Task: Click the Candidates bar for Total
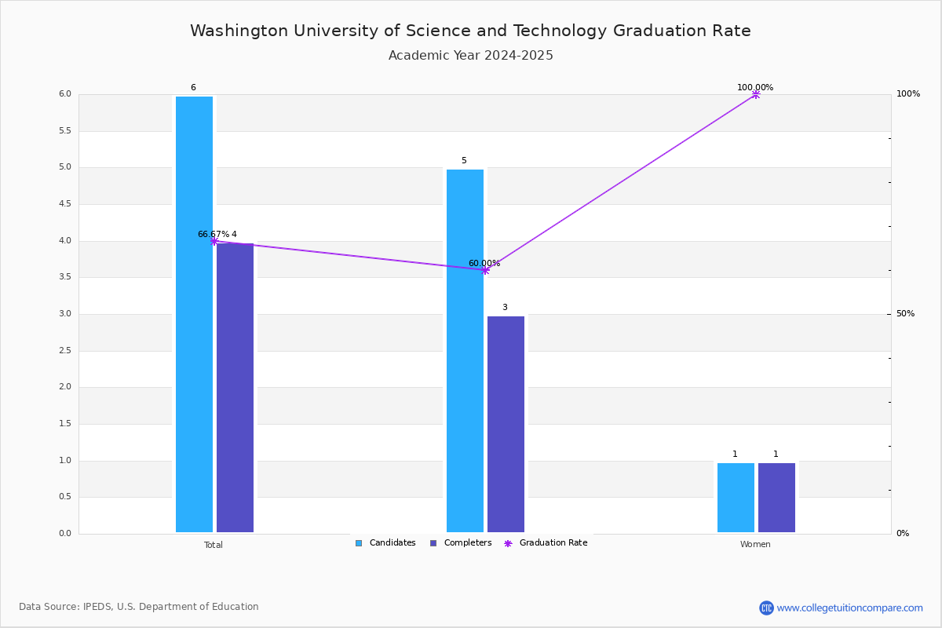click(x=194, y=314)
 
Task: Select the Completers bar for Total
click(x=235, y=388)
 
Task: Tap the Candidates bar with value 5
click(x=465, y=351)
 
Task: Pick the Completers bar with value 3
click(x=506, y=424)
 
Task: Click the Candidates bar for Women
click(x=736, y=498)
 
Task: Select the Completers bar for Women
click(x=776, y=498)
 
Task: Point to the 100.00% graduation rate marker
click(x=756, y=94)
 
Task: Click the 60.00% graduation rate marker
click(x=485, y=270)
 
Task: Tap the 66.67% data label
click(x=213, y=234)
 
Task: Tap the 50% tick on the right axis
click(x=905, y=314)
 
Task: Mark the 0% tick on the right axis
click(x=903, y=534)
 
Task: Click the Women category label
click(x=755, y=545)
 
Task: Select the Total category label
click(x=214, y=545)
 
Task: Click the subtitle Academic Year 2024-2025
click(x=471, y=56)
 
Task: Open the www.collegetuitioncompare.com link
click(x=849, y=608)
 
